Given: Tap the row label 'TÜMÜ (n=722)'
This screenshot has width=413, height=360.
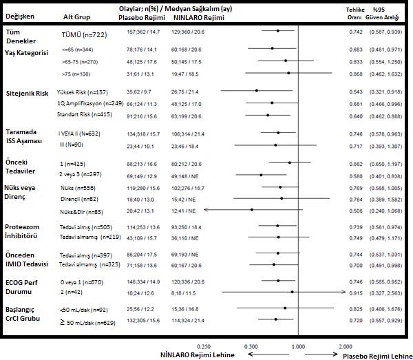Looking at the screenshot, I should pos(83,33).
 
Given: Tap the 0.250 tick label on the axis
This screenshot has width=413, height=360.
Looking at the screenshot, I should pos(204,346).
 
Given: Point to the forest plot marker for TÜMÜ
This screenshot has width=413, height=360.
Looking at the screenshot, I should pos(277,31).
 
